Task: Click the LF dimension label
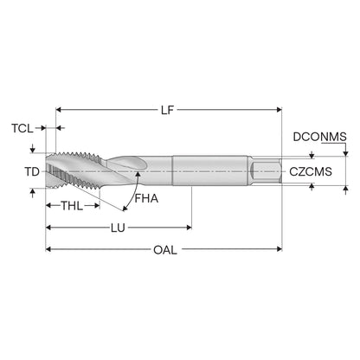pos(168,110)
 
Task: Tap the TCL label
pos(22,128)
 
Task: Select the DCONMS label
pos(319,137)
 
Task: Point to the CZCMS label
pos(311,171)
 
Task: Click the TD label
pos(32,172)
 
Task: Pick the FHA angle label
pos(146,198)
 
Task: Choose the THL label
pos(72,206)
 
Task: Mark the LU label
pos(119,228)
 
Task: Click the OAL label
pos(165,250)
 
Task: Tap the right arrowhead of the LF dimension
pos(280,110)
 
